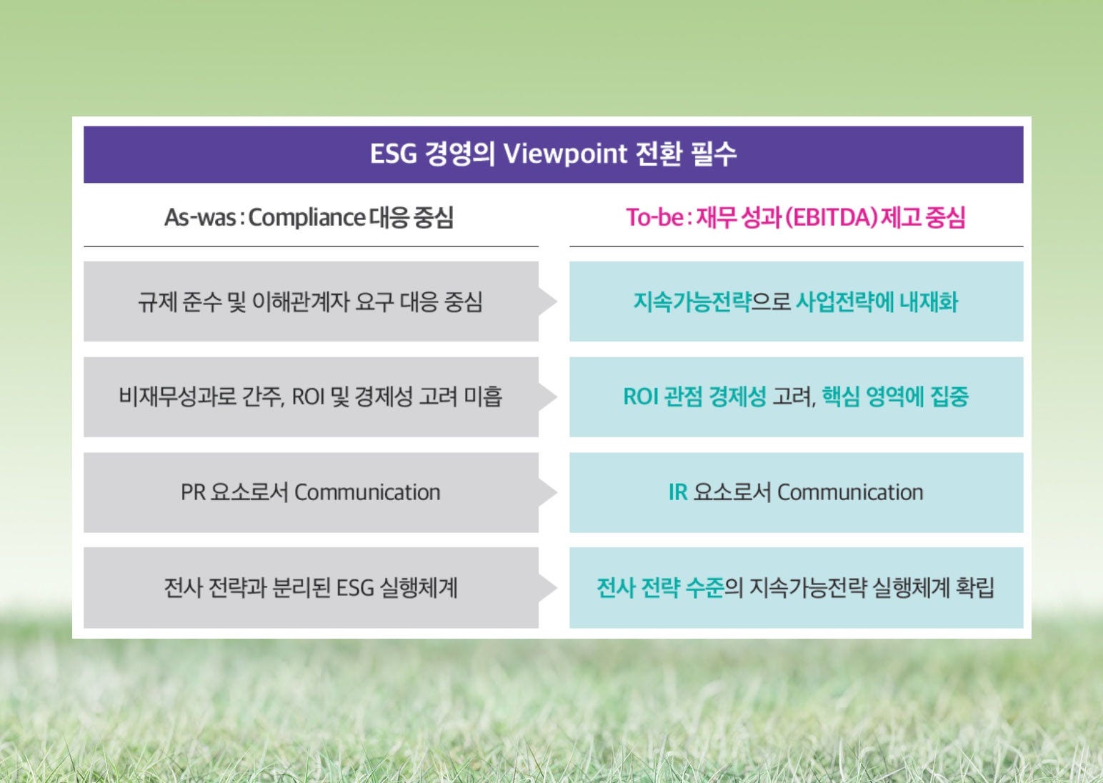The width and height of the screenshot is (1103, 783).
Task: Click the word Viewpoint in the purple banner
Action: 565,154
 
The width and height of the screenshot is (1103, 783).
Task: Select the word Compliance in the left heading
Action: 306,218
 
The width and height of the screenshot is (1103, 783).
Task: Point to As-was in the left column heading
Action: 200,218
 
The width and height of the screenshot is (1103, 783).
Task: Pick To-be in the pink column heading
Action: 655,218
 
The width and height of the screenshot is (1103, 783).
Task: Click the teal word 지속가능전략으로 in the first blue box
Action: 712,302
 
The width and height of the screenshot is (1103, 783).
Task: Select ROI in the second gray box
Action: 308,397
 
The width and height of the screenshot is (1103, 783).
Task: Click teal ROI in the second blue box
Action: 641,397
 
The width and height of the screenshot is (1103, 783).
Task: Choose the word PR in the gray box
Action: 193,492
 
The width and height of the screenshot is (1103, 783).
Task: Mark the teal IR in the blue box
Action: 678,492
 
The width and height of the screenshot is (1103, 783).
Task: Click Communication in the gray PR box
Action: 367,492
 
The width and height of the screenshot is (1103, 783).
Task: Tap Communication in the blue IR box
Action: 850,492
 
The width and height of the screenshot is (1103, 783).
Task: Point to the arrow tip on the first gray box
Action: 557,301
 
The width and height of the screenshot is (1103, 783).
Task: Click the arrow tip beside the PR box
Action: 557,492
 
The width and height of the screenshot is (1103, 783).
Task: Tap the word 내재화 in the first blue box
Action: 929,302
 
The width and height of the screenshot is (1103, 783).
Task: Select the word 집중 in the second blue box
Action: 949,397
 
